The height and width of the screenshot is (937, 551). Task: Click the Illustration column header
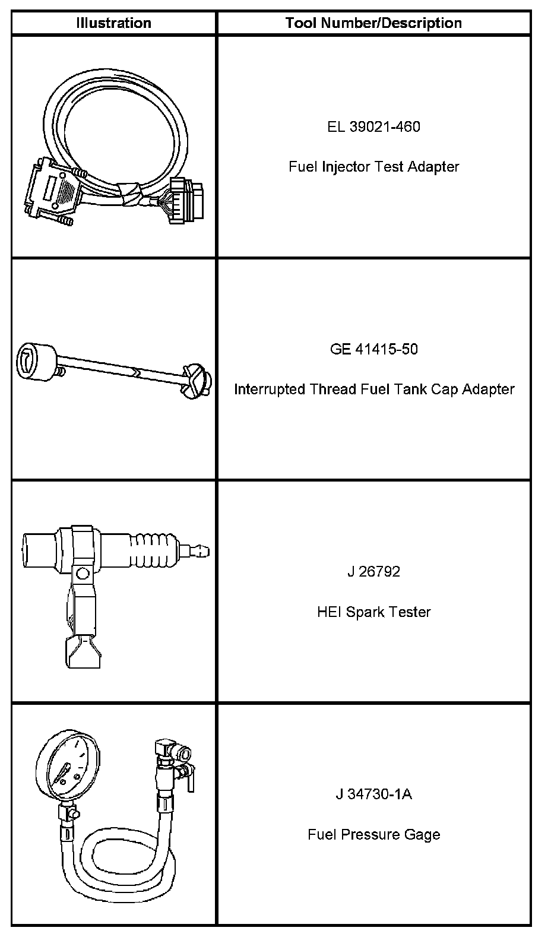pyautogui.click(x=113, y=23)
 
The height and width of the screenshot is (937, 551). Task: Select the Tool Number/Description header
pyautogui.click(x=373, y=23)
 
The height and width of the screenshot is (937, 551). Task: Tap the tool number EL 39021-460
pyautogui.click(x=373, y=126)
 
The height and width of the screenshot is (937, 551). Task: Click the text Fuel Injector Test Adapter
pyautogui.click(x=373, y=166)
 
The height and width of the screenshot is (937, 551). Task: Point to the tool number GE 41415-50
pyautogui.click(x=373, y=349)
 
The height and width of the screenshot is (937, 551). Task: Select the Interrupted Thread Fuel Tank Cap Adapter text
pyautogui.click(x=373, y=389)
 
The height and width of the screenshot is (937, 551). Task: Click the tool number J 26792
pyautogui.click(x=373, y=571)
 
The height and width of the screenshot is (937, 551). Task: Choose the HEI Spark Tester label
pyautogui.click(x=373, y=612)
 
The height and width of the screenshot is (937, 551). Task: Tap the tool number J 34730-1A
pyautogui.click(x=373, y=794)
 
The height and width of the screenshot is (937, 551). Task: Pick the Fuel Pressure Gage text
pyautogui.click(x=373, y=834)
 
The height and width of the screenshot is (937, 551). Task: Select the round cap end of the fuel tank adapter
pyautogui.click(x=35, y=360)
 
